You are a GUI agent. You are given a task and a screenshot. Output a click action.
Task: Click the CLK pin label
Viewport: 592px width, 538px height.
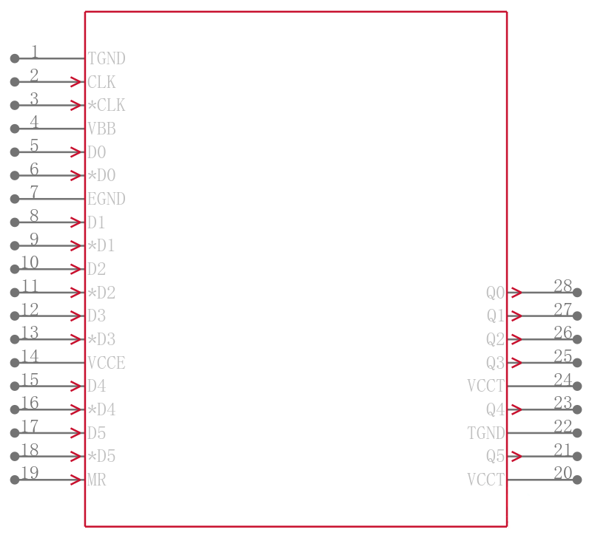101,82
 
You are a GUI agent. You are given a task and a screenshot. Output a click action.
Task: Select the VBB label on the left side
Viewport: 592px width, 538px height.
101,129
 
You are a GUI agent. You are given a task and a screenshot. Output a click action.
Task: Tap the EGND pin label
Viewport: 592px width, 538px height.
106,199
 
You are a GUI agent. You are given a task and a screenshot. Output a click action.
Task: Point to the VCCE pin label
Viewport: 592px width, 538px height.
106,363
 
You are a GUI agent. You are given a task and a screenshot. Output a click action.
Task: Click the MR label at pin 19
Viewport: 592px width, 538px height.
97,480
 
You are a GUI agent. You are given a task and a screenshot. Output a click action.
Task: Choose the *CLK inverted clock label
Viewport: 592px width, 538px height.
106,106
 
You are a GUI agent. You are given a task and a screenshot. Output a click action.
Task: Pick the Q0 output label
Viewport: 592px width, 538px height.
495,293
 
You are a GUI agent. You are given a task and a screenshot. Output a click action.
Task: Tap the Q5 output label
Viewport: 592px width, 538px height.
495,457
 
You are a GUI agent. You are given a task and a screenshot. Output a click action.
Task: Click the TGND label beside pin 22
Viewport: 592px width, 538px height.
486,433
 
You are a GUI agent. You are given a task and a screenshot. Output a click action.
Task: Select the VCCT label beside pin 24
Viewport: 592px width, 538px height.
486,386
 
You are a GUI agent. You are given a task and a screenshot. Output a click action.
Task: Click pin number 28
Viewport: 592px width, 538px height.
563,286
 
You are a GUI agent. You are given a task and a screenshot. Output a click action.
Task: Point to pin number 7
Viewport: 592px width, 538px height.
34,192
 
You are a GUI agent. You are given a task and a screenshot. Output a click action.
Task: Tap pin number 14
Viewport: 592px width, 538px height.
30,356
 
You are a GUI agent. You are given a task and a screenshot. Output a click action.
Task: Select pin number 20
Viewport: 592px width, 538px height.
563,473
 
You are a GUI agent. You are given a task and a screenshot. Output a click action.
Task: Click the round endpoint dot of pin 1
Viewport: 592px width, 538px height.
15,58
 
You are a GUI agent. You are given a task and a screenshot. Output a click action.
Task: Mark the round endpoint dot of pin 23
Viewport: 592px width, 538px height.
577,409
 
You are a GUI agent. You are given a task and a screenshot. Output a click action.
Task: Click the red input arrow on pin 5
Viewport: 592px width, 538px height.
76,152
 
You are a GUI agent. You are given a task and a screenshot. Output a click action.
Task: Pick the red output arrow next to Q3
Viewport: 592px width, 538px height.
517,363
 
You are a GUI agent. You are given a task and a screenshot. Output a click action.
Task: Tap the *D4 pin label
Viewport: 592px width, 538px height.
101,410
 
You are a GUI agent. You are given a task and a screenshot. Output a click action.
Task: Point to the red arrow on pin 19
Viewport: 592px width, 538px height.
76,480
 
